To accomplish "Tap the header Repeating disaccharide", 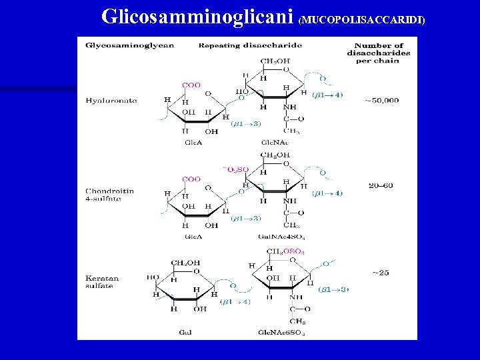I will click(250, 45).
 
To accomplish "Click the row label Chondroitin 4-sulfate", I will click(110, 195).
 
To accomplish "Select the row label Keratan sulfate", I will click(99, 281).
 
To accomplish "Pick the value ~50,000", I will click(381, 101).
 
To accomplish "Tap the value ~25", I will click(381, 273).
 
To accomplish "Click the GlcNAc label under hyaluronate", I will click(274, 142).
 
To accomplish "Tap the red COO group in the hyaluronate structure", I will click(192, 85).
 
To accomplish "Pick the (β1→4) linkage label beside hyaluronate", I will click(328, 95).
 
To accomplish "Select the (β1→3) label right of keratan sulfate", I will click(333, 289).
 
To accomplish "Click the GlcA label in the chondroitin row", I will click(193, 236).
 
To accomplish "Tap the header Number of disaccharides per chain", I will click(378, 53).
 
